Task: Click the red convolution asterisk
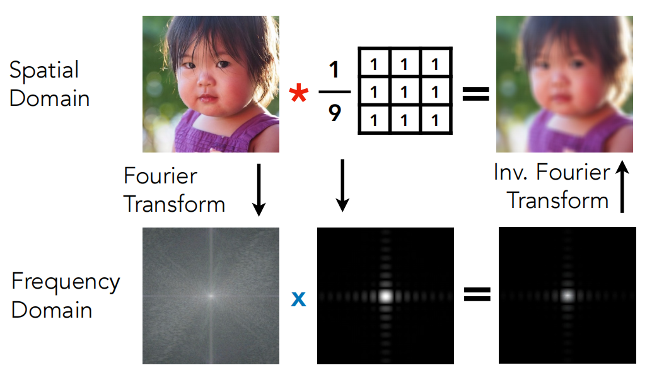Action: point(299,93)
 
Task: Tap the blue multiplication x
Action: point(298,299)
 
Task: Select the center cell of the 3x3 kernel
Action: point(405,91)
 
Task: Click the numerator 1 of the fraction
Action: point(334,70)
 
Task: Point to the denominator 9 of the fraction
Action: point(335,113)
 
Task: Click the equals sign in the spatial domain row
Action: point(475,93)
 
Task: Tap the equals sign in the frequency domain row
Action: point(477,294)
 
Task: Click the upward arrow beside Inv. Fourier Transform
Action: point(622,187)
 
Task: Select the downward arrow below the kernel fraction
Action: point(342,185)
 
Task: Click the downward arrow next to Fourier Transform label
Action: point(259,190)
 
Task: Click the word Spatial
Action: point(44,70)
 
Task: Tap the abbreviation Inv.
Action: point(510,172)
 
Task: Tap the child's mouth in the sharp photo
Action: point(207,98)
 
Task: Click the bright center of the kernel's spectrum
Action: point(386,296)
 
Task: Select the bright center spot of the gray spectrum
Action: point(211,296)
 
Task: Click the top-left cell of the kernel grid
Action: point(374,63)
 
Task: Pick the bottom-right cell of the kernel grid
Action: point(435,120)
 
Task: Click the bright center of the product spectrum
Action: point(568,296)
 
